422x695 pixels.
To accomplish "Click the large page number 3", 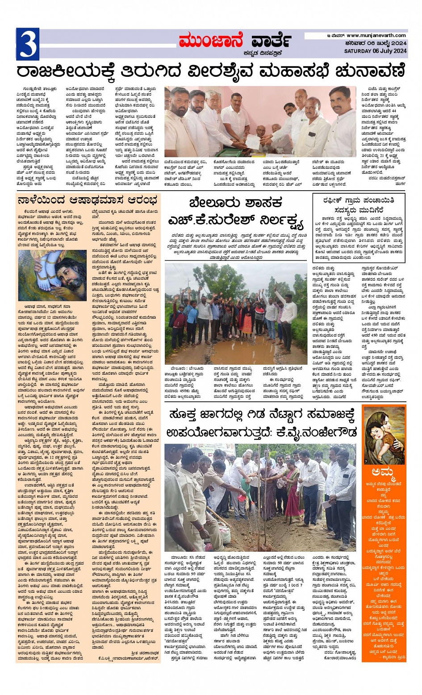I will pyautogui.click(x=28, y=44).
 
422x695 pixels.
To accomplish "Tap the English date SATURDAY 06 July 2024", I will pyautogui.click(x=375, y=51).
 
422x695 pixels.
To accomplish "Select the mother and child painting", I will pyautogui.click(x=384, y=435).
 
